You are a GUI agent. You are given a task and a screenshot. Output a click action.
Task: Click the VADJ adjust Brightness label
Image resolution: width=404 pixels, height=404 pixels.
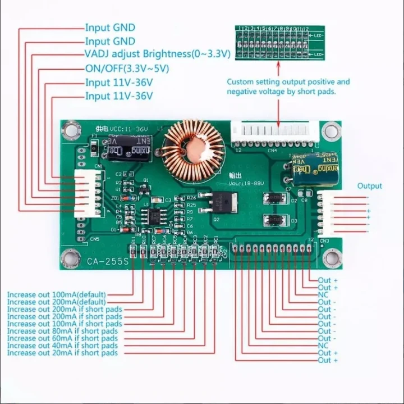[158, 55]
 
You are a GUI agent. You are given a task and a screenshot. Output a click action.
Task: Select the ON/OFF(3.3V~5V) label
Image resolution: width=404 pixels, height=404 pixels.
[127, 69]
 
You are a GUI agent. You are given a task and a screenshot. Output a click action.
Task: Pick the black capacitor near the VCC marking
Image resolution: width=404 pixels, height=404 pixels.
[130, 147]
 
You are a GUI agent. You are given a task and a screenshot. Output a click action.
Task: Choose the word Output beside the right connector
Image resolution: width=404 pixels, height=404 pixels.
[369, 186]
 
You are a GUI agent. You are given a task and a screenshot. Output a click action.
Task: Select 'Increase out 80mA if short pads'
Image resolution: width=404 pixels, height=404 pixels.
[63, 331]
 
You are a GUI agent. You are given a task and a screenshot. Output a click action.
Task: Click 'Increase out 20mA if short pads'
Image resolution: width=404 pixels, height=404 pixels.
[63, 353]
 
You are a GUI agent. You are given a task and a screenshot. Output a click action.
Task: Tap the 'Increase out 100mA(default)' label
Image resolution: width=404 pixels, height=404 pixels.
[56, 294]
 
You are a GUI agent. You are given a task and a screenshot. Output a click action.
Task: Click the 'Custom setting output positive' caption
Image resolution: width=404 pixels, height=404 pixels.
[288, 82]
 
